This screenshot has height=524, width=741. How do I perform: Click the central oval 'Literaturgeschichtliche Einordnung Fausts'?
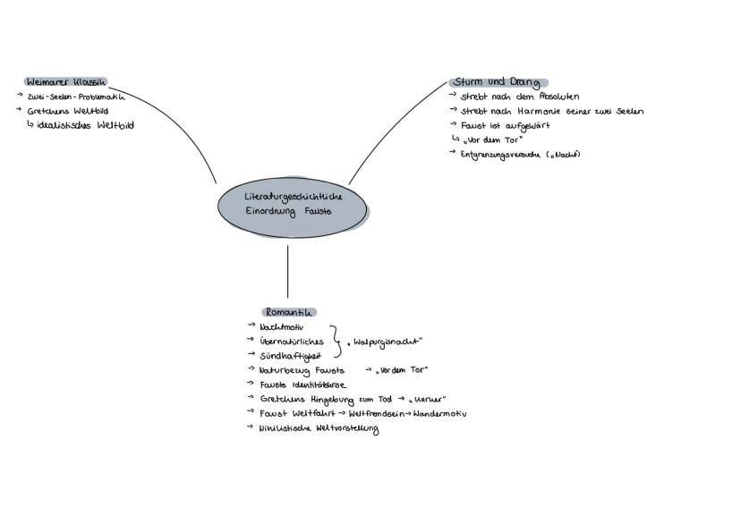[291, 204]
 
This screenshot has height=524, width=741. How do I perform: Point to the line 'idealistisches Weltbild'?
[86, 126]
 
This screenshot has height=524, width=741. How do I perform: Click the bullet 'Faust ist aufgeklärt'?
[505, 126]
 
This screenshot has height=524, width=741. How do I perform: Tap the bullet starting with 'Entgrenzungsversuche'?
[520, 155]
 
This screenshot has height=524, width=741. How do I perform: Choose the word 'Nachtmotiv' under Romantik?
[280, 327]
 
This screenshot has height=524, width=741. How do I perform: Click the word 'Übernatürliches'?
[291, 342]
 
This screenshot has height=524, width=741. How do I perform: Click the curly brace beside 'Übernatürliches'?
[336, 342]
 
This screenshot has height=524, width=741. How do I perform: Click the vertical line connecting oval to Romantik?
[288, 271]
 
